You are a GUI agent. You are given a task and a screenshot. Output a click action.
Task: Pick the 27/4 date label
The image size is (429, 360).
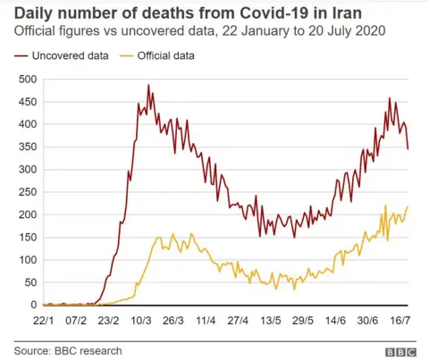point(238,319)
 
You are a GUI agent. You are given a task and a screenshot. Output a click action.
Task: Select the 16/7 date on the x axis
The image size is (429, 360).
point(398,319)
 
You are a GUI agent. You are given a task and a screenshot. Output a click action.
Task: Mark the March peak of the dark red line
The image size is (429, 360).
point(148,86)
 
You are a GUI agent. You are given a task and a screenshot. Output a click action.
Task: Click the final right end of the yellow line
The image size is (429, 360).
point(408,207)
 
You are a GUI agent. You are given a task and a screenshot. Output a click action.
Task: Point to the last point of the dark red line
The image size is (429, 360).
point(408,148)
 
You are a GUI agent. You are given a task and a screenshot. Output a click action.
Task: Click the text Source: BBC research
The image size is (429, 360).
point(67,350)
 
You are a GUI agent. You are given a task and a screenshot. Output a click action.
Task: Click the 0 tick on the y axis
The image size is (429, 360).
point(35,305)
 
